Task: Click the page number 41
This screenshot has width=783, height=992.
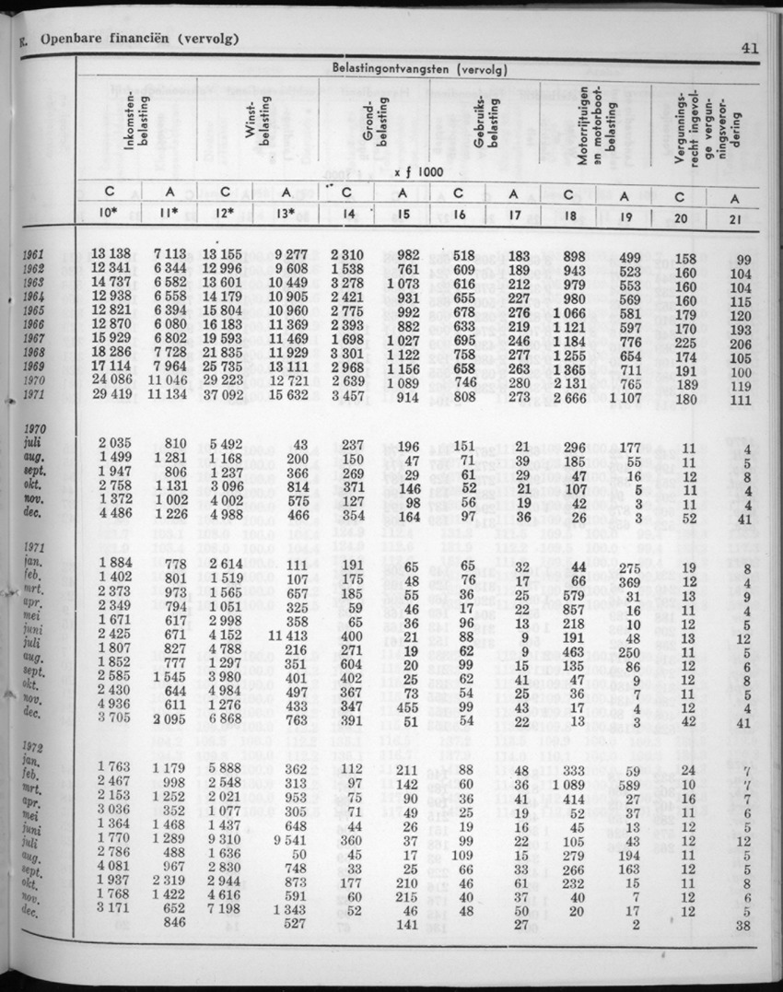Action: [748, 50]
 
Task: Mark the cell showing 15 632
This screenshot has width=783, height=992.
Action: [286, 395]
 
